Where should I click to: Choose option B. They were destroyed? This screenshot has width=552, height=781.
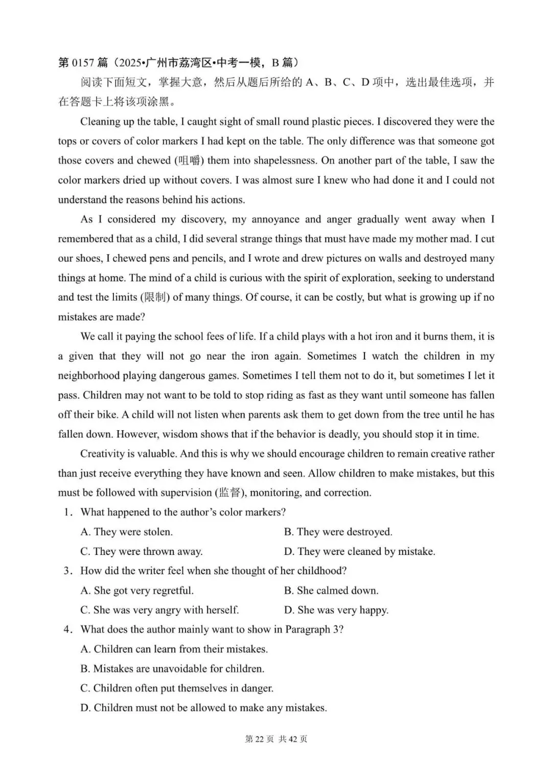click(x=338, y=532)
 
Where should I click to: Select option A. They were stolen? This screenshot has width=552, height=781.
click(x=126, y=532)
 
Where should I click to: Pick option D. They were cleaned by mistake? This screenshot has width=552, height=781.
click(x=359, y=551)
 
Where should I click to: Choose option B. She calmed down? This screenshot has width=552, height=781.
click(x=331, y=590)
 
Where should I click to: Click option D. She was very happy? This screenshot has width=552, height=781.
click(x=336, y=610)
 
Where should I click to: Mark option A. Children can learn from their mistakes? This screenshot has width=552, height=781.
click(x=174, y=649)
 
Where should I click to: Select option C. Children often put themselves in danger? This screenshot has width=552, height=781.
click(x=176, y=688)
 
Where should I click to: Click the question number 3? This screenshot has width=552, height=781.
click(x=66, y=571)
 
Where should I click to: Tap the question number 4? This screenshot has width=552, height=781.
click(x=66, y=630)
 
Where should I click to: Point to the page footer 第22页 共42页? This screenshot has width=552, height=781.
click(x=276, y=739)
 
